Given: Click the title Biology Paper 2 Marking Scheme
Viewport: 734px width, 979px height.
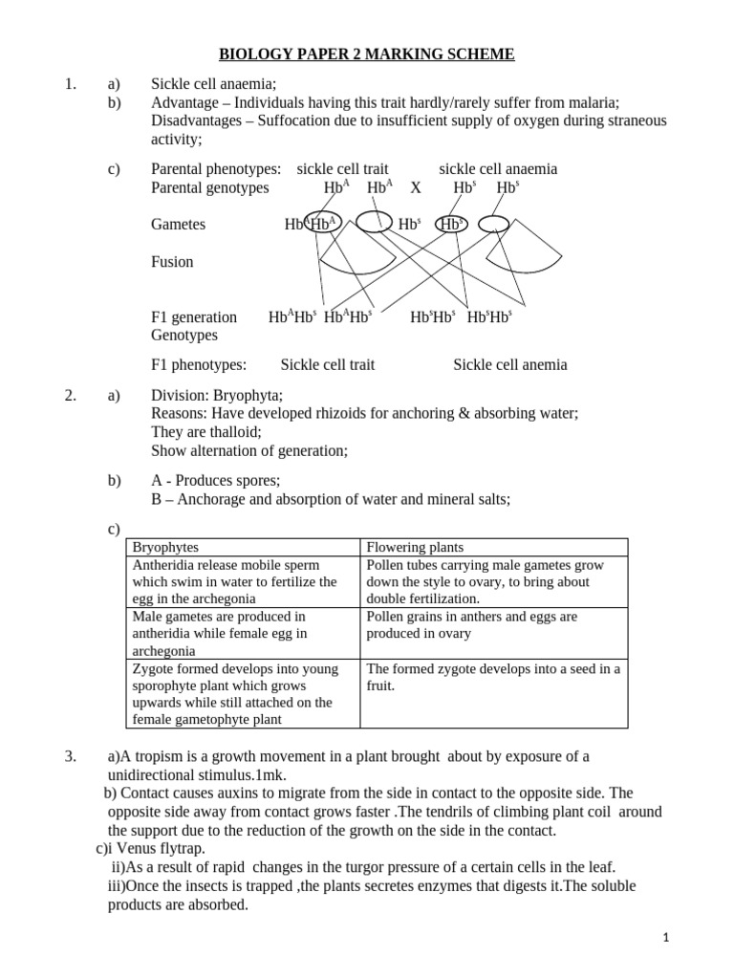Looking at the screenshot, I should point(367,55).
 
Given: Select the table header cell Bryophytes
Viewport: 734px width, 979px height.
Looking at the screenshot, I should point(165,547).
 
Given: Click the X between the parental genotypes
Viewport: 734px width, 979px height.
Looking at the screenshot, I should point(415,188).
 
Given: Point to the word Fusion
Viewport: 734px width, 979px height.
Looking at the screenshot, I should point(172,261).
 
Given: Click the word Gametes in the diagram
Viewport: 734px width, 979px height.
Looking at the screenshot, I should point(178,224).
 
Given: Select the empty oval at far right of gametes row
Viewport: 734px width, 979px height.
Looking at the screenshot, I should point(493,224).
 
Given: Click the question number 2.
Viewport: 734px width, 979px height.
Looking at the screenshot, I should point(70,395).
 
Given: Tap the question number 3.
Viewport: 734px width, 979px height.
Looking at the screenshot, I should point(70,756).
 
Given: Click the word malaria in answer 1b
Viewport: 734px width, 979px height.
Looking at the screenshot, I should point(594,102).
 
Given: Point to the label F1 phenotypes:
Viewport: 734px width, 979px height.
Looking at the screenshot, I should point(199,364).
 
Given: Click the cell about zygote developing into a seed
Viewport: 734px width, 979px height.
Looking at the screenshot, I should point(493,677).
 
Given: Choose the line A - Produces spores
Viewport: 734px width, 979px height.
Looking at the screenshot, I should point(216,480).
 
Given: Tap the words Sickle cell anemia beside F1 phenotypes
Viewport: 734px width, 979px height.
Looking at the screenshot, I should point(509,364).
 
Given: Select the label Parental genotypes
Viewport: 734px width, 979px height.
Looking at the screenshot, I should point(210,188).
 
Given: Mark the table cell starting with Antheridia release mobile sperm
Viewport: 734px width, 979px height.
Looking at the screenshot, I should point(242,581).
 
